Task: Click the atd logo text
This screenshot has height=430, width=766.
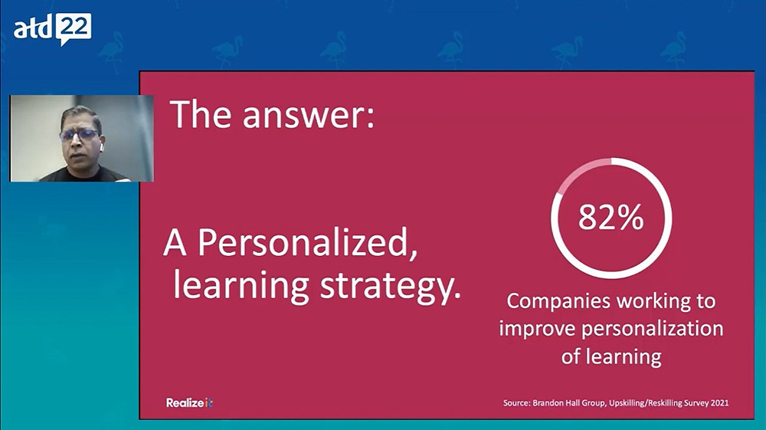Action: pos(32,29)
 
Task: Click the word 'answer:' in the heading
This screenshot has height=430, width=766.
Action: pos(308,115)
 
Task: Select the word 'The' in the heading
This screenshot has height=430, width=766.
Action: pos(200,114)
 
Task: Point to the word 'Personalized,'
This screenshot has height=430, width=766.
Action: pos(308,243)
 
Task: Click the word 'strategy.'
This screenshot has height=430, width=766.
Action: pos(391,287)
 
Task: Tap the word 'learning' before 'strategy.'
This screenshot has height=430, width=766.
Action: pos(241,286)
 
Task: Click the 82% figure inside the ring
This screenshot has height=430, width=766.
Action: pos(611,218)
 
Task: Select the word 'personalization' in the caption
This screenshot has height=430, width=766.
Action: pos(652,329)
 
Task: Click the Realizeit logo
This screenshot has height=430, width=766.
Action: pos(189,403)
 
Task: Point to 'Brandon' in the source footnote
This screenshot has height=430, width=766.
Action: pos(548,403)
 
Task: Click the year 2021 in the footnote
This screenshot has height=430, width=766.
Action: pos(719,403)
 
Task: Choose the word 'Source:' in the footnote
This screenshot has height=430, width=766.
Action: pos(516,403)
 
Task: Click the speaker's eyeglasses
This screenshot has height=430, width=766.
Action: pos(79,135)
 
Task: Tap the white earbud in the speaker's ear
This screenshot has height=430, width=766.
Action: pos(101,146)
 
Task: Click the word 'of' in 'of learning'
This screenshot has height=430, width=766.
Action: pos(570,356)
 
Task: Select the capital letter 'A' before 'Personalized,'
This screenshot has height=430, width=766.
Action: pos(175,243)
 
